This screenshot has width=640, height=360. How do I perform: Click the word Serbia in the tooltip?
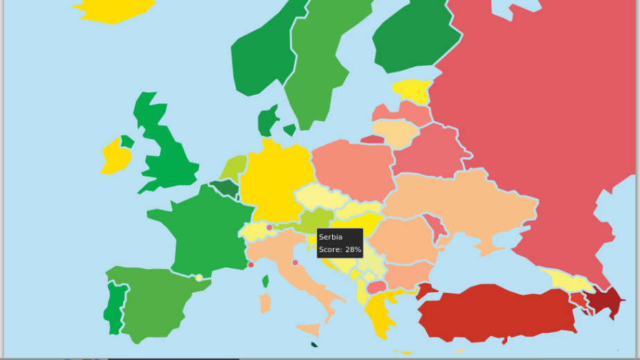[331, 237]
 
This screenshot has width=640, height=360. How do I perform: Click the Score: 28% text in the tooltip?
[340, 249]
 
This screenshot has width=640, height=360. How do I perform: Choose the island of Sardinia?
[265, 303]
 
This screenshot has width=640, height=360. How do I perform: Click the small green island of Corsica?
[266, 281]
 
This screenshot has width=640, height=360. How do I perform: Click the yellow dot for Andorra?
[199, 278]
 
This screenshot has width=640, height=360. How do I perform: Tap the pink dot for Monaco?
[250, 264]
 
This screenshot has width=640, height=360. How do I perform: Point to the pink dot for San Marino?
[295, 262]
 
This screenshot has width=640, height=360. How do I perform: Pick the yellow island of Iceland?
[114, 9]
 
